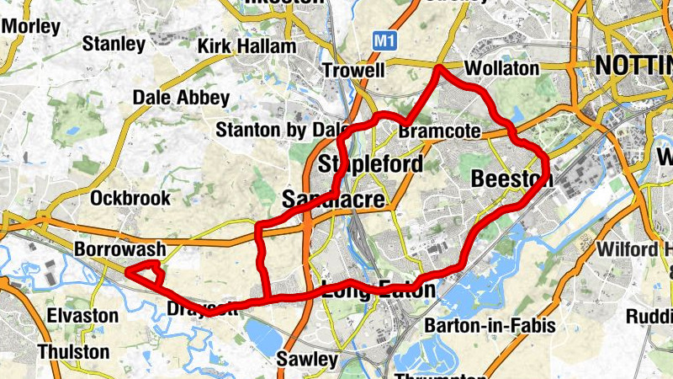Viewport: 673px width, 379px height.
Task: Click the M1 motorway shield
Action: pyautogui.click(x=384, y=40)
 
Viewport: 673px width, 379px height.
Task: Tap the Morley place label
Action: pyautogui.click(x=31, y=26)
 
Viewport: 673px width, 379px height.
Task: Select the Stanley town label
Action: pyautogui.click(x=114, y=43)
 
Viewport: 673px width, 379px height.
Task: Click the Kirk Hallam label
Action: pyautogui.click(x=246, y=46)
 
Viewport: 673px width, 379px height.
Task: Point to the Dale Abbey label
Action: pyautogui.click(x=181, y=98)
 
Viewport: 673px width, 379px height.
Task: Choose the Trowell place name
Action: pyautogui.click(x=353, y=70)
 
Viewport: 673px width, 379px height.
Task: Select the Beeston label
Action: pyautogui.click(x=511, y=179)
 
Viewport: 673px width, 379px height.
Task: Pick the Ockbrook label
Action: pyautogui.click(x=130, y=199)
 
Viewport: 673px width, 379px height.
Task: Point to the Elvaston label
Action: pyautogui.click(x=82, y=316)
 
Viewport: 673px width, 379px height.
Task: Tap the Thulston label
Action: pyautogui.click(x=73, y=350)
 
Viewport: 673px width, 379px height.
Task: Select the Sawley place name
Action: pyautogui.click(x=307, y=360)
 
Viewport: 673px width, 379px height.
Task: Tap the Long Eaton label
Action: pyautogui.click(x=380, y=291)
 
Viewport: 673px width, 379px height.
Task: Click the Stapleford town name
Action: pyautogui.click(x=370, y=164)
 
